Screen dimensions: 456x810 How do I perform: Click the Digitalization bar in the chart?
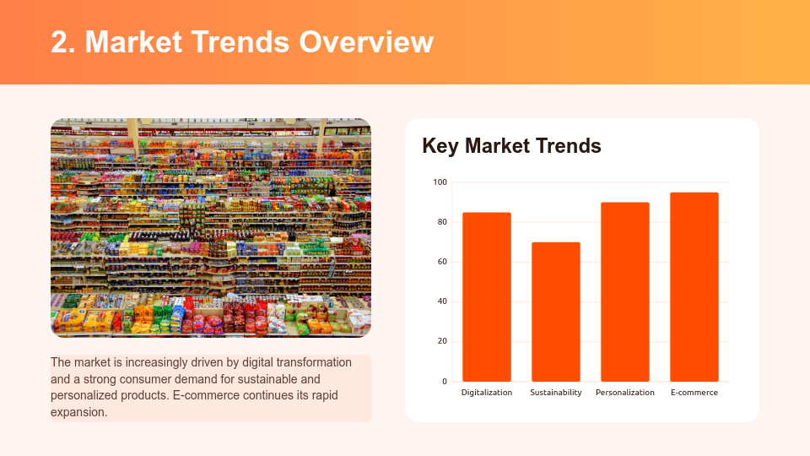(x=487, y=296)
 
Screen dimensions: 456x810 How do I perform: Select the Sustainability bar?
(x=556, y=312)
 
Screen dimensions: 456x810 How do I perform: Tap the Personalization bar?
(x=625, y=291)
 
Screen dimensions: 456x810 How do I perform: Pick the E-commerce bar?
(x=694, y=286)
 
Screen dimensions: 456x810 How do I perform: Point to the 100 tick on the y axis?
(x=440, y=182)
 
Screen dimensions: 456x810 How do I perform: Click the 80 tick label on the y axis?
(x=442, y=222)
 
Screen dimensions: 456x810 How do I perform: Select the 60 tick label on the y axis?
(x=442, y=262)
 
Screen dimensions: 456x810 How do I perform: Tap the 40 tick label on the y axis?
(x=442, y=301)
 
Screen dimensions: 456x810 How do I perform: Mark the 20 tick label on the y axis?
(x=442, y=341)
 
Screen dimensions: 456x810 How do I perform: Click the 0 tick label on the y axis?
(x=445, y=382)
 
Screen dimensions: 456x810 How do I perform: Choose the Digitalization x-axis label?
(x=487, y=393)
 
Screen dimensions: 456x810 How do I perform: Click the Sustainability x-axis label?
(x=556, y=393)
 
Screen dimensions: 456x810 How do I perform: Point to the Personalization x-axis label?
(x=625, y=393)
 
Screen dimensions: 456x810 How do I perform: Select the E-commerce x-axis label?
(x=694, y=393)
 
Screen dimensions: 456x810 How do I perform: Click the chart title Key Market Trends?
(x=511, y=146)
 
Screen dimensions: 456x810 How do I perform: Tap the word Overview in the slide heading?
(x=365, y=41)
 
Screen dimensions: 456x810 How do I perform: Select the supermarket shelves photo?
(x=211, y=228)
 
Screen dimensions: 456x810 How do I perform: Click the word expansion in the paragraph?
(x=78, y=413)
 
